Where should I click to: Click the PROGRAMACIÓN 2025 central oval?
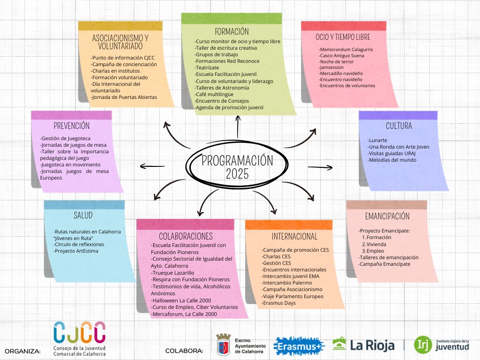pyautogui.click(x=237, y=167)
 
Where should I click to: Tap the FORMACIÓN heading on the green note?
pyautogui.click(x=232, y=32)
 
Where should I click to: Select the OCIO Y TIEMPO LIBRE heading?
pyautogui.click(x=343, y=37)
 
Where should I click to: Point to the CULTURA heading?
pyautogui.click(x=399, y=126)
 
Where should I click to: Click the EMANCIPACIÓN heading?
pyautogui.click(x=387, y=216)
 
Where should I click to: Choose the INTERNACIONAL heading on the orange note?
pyautogui.click(x=294, y=236)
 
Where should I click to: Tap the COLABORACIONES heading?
pyautogui.click(x=186, y=236)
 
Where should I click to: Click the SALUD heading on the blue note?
pyautogui.click(x=83, y=215)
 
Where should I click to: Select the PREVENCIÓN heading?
pyautogui.click(x=71, y=126)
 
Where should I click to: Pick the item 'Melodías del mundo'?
pyautogui.click(x=392, y=160)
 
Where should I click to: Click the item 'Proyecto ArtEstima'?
pyautogui.click(x=76, y=251)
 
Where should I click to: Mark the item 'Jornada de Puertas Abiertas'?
pyautogui.click(x=124, y=97)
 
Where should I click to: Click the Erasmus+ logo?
pyautogui.click(x=299, y=345)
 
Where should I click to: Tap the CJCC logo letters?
pyautogui.click(x=79, y=332)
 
